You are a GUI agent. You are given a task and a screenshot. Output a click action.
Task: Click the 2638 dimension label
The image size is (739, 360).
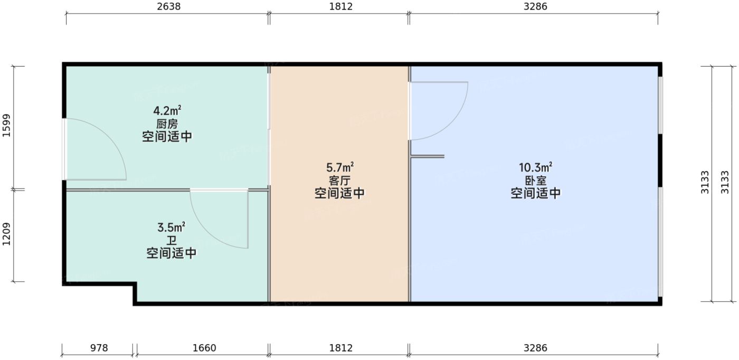(x=166, y=7)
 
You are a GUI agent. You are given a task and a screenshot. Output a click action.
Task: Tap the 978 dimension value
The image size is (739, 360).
(x=99, y=348)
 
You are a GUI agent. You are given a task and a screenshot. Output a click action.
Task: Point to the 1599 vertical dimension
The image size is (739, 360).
(x=7, y=127)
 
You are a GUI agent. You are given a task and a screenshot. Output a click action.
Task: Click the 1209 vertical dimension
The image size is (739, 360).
(x=7, y=235)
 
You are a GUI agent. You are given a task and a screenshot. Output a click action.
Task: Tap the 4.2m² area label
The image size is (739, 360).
(x=167, y=111)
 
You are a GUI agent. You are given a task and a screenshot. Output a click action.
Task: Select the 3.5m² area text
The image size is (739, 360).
(x=171, y=228)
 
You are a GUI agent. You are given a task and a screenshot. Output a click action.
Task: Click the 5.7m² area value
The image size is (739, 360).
(x=339, y=168)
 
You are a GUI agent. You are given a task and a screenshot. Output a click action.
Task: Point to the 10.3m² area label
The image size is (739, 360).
(x=535, y=168)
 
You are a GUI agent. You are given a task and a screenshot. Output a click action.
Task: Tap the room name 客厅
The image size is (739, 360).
(x=339, y=181)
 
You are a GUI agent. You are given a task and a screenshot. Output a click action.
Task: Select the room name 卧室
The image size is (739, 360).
(x=535, y=181)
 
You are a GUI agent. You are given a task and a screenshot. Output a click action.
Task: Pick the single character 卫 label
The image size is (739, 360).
(x=171, y=241)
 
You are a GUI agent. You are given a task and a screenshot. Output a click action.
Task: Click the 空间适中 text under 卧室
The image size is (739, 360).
(x=535, y=194)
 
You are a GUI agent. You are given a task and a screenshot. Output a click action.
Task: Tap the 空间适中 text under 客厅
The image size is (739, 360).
(x=339, y=194)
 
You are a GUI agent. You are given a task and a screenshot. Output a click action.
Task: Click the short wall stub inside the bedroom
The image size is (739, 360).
(x=428, y=156)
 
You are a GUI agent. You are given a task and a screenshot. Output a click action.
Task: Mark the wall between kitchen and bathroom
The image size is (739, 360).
(x=127, y=190)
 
